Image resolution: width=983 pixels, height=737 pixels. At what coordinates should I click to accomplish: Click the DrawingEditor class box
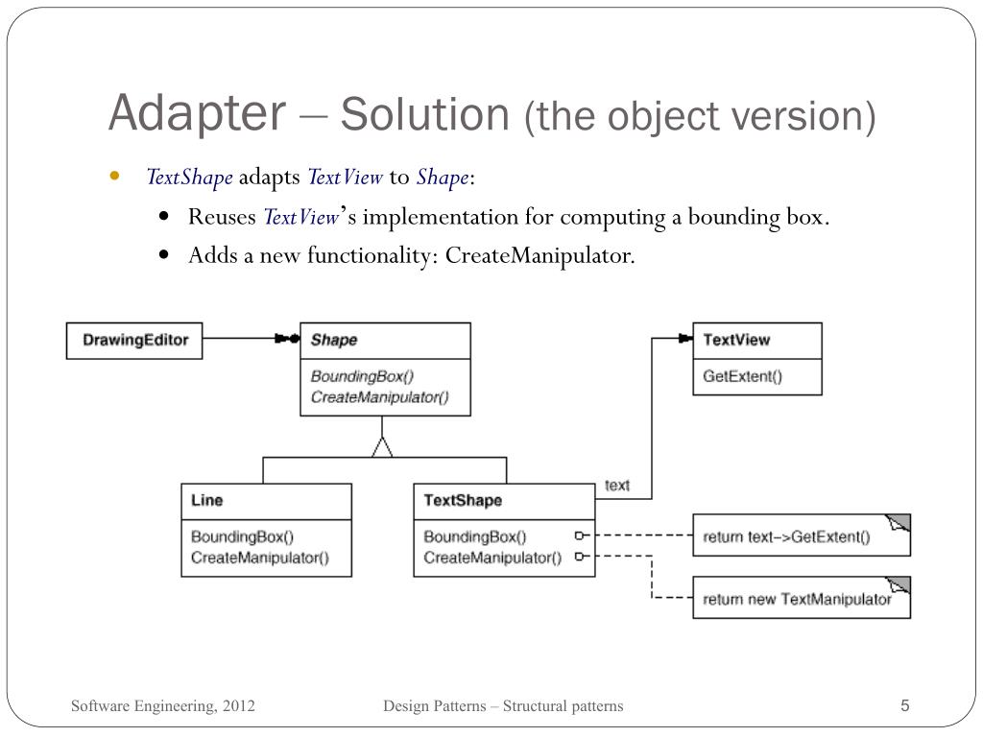[134, 340]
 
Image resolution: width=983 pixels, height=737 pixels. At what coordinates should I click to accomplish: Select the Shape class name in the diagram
[334, 340]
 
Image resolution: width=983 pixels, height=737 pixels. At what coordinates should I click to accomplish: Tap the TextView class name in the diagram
[736, 340]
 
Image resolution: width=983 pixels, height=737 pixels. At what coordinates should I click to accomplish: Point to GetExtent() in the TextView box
[742, 376]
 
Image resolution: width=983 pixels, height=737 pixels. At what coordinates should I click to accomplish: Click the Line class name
[206, 500]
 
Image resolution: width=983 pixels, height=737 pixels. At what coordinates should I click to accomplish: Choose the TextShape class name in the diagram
[463, 500]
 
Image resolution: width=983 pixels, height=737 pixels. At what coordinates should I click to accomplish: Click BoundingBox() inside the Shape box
[348, 376]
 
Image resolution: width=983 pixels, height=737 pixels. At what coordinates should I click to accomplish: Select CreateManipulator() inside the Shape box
[379, 396]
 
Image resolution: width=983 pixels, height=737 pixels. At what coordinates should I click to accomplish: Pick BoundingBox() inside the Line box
[242, 536]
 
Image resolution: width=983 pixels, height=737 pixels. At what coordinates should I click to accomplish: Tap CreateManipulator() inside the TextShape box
[492, 558]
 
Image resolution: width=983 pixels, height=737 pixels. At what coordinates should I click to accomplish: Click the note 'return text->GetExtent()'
[786, 537]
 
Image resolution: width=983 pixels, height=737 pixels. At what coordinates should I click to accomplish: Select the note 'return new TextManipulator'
[797, 599]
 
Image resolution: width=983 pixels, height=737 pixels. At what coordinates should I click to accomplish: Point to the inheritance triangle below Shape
[383, 446]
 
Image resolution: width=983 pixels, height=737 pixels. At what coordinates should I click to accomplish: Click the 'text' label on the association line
[617, 486]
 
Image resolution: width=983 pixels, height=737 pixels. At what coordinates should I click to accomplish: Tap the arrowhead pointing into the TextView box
[684, 339]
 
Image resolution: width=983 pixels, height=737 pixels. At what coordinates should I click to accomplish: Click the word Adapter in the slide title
[197, 113]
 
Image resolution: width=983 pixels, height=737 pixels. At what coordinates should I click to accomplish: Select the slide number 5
[904, 706]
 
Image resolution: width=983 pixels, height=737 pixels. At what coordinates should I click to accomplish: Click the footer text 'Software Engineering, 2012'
[163, 706]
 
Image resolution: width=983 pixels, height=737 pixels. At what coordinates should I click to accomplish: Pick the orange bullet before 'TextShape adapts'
[115, 177]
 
